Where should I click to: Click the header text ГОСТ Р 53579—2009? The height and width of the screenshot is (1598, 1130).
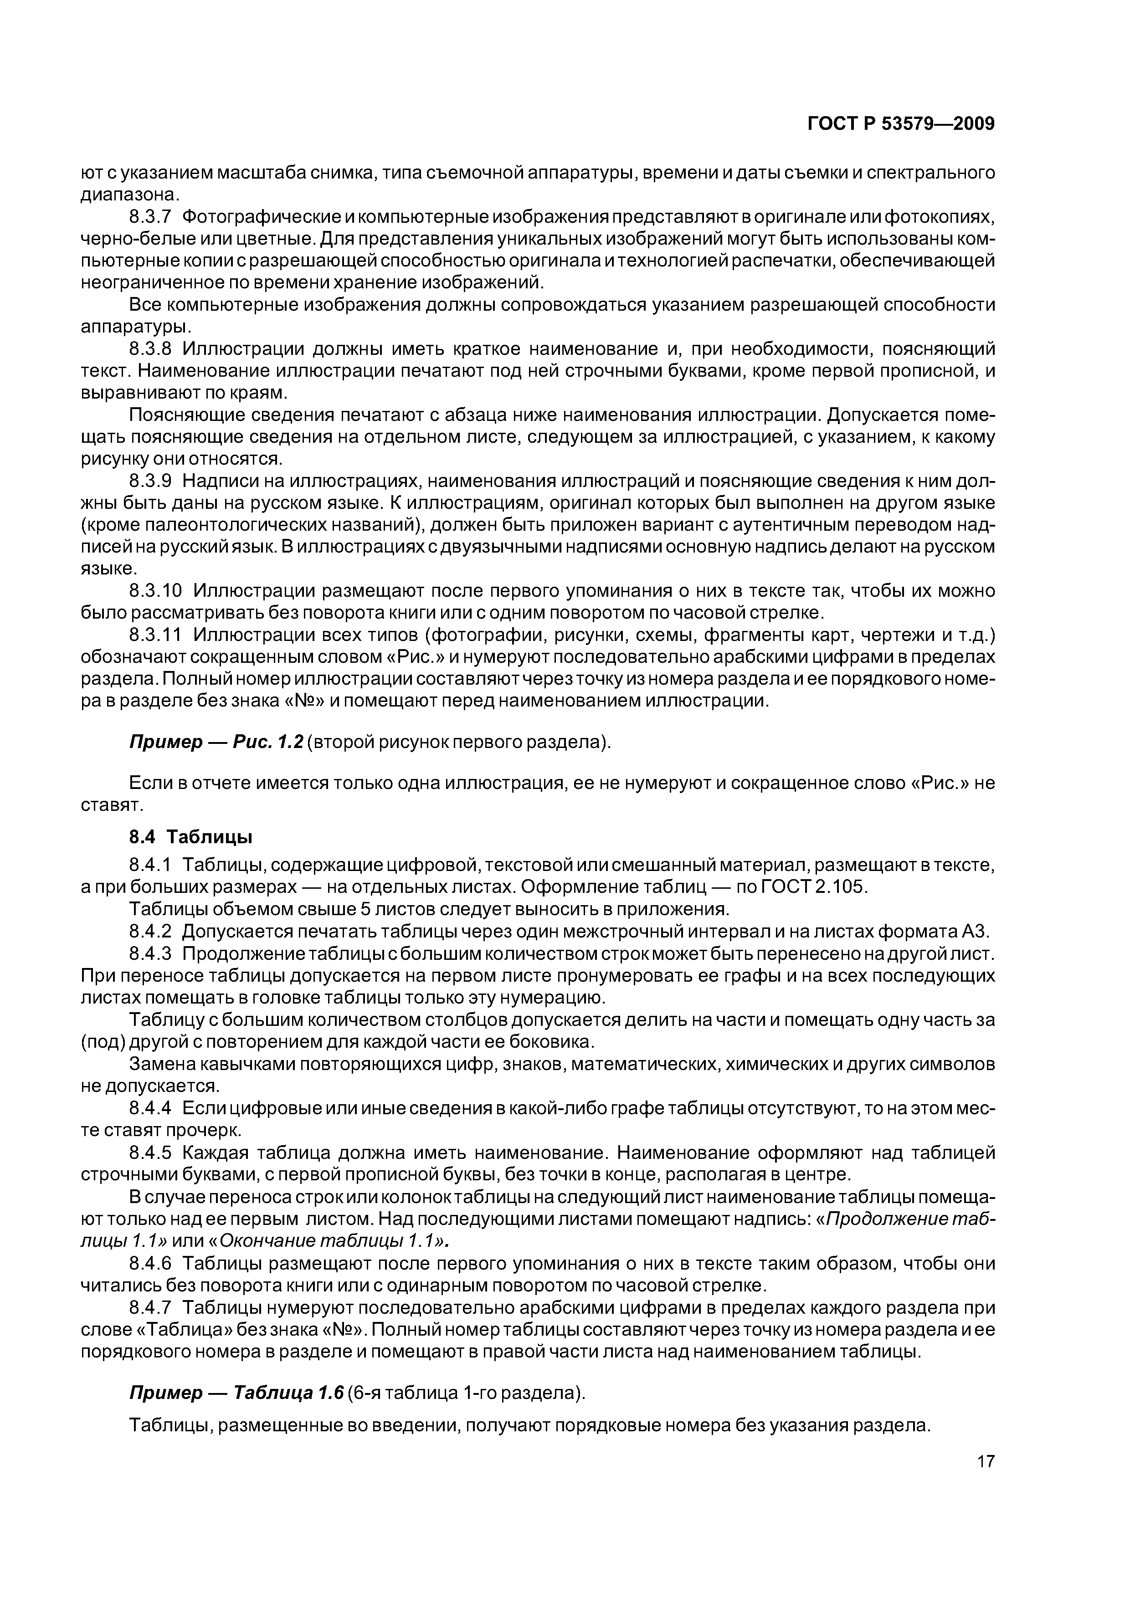coord(901,124)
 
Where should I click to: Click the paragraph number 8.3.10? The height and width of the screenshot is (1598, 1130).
coord(156,591)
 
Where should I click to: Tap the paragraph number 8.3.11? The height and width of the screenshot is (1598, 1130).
coord(156,635)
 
